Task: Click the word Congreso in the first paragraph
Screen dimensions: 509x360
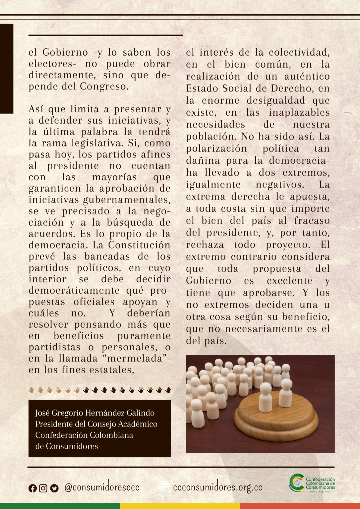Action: coord(104,86)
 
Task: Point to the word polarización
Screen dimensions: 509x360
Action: coord(216,148)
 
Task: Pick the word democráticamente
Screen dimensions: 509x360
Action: coord(74,291)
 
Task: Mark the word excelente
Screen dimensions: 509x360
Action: coord(289,281)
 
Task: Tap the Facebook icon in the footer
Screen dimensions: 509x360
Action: coord(32,488)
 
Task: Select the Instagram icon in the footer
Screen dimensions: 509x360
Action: coord(43,488)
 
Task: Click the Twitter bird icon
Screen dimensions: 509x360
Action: coord(54,488)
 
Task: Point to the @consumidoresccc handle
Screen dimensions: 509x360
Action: coord(102,487)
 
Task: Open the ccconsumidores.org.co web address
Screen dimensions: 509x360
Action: coord(218,487)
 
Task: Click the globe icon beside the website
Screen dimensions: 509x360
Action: coord(164,487)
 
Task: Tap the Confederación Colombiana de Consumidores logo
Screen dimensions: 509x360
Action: coord(312,483)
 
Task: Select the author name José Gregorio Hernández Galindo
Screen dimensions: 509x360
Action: coord(95,413)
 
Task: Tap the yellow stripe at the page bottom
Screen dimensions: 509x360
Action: coord(180,506)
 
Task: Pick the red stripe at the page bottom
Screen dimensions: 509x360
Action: coord(300,506)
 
